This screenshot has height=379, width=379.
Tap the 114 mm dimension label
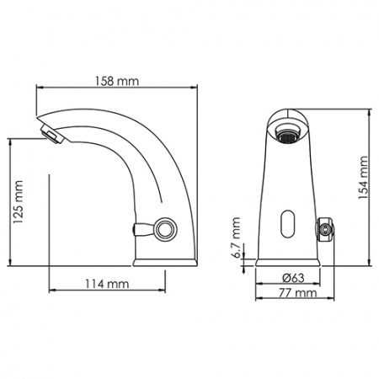coord(106,284)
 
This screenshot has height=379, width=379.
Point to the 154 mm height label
coord(363,178)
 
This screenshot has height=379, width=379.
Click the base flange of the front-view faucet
coord(289,262)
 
